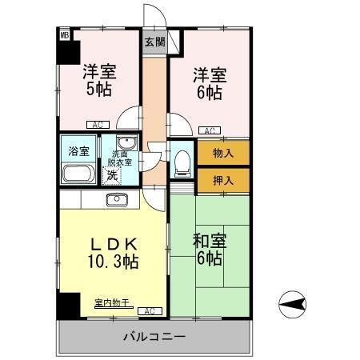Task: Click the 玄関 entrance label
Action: pyautogui.click(x=154, y=42)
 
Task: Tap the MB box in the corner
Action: pyautogui.click(x=65, y=34)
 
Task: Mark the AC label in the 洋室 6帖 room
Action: pyautogui.click(x=208, y=130)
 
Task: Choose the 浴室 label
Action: pyautogui.click(x=78, y=150)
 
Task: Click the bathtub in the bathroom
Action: pyautogui.click(x=78, y=174)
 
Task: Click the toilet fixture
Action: pyautogui.click(x=182, y=162)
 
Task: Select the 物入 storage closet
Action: pyautogui.click(x=223, y=153)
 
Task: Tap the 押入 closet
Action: pyautogui.click(x=223, y=182)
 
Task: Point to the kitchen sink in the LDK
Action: pyautogui.click(x=117, y=198)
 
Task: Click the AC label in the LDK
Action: pyautogui.click(x=148, y=310)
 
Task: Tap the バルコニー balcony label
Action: pyautogui.click(x=154, y=337)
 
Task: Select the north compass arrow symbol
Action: pyautogui.click(x=292, y=303)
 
